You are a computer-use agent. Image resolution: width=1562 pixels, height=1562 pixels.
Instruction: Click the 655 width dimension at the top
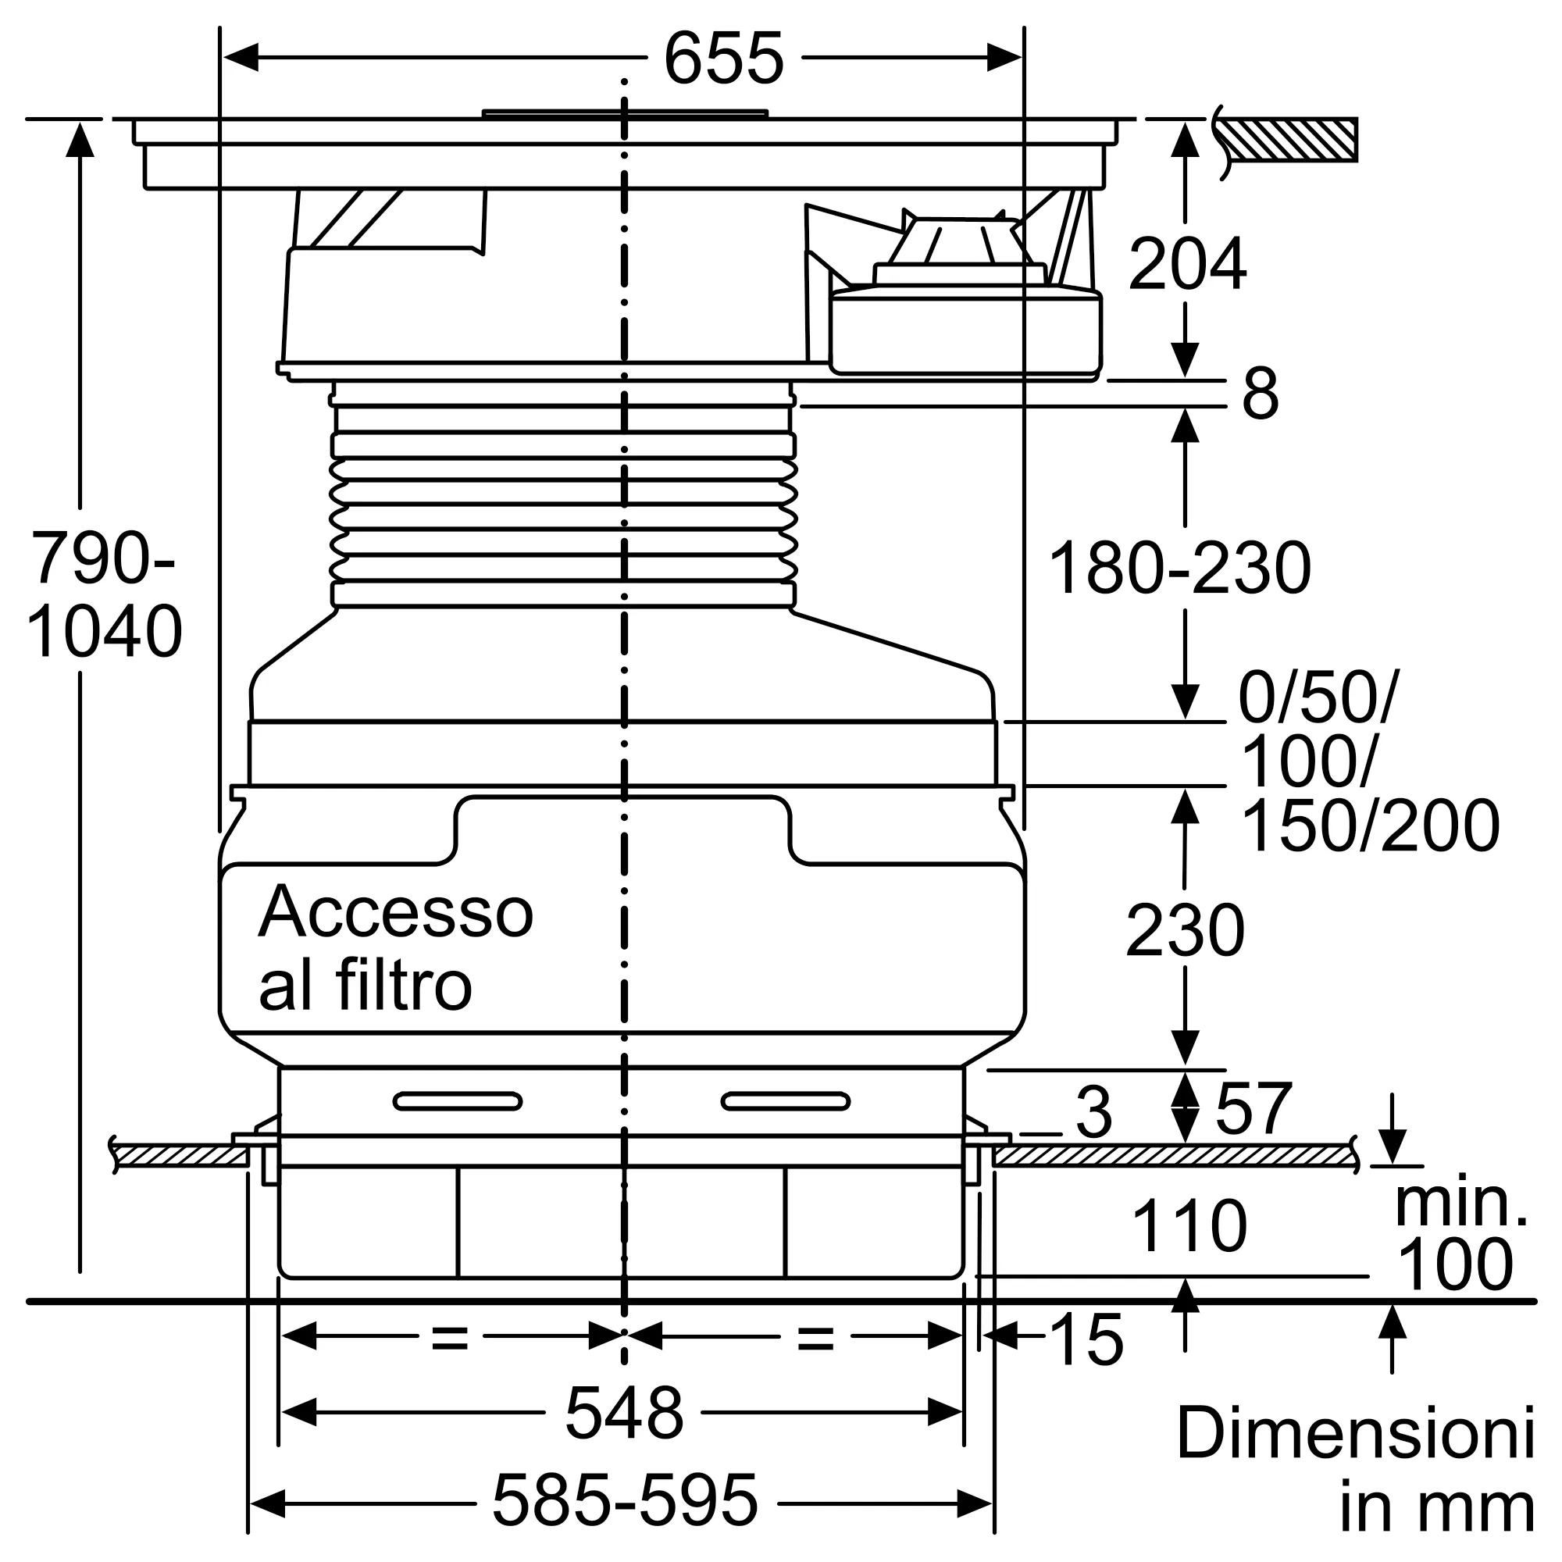(x=724, y=59)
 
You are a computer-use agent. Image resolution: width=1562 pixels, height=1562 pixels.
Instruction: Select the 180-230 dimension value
(x=1179, y=569)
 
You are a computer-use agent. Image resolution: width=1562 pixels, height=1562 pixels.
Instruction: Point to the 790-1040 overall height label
(x=105, y=595)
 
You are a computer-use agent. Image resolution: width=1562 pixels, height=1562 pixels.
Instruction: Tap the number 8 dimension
(x=1261, y=393)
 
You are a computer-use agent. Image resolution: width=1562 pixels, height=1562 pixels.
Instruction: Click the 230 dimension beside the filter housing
(x=1185, y=931)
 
